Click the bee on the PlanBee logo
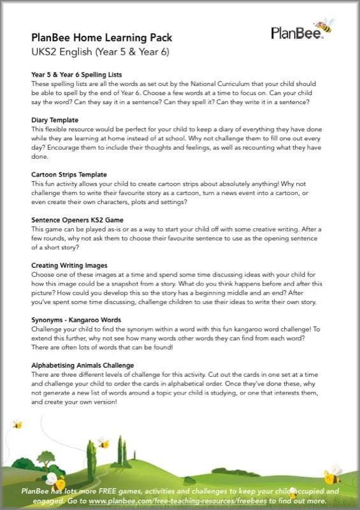(x=325, y=25)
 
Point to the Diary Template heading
(x=55, y=120)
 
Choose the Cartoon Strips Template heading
(x=69, y=174)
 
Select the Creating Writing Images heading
(x=69, y=264)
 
